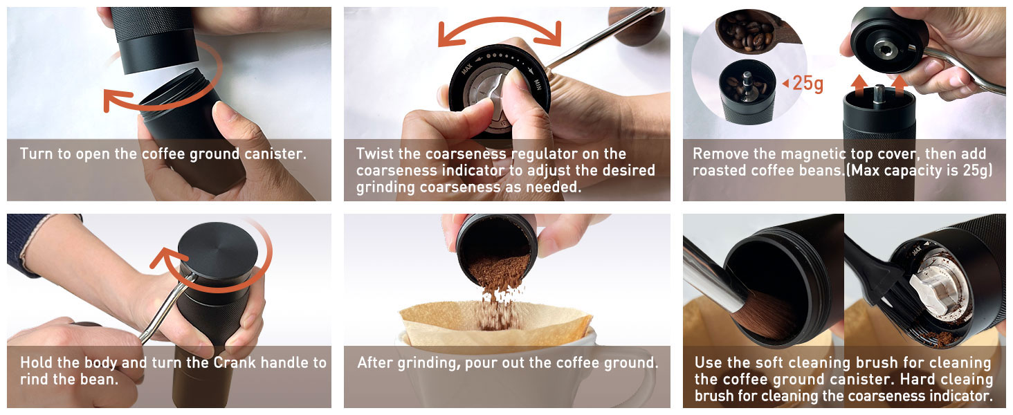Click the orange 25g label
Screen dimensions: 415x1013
pyautogui.click(x=808, y=84)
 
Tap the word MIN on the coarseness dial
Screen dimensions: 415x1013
pyautogui.click(x=537, y=83)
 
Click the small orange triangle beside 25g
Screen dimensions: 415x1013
pyautogui.click(x=785, y=84)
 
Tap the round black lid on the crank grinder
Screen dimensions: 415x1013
pyautogui.click(x=217, y=253)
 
